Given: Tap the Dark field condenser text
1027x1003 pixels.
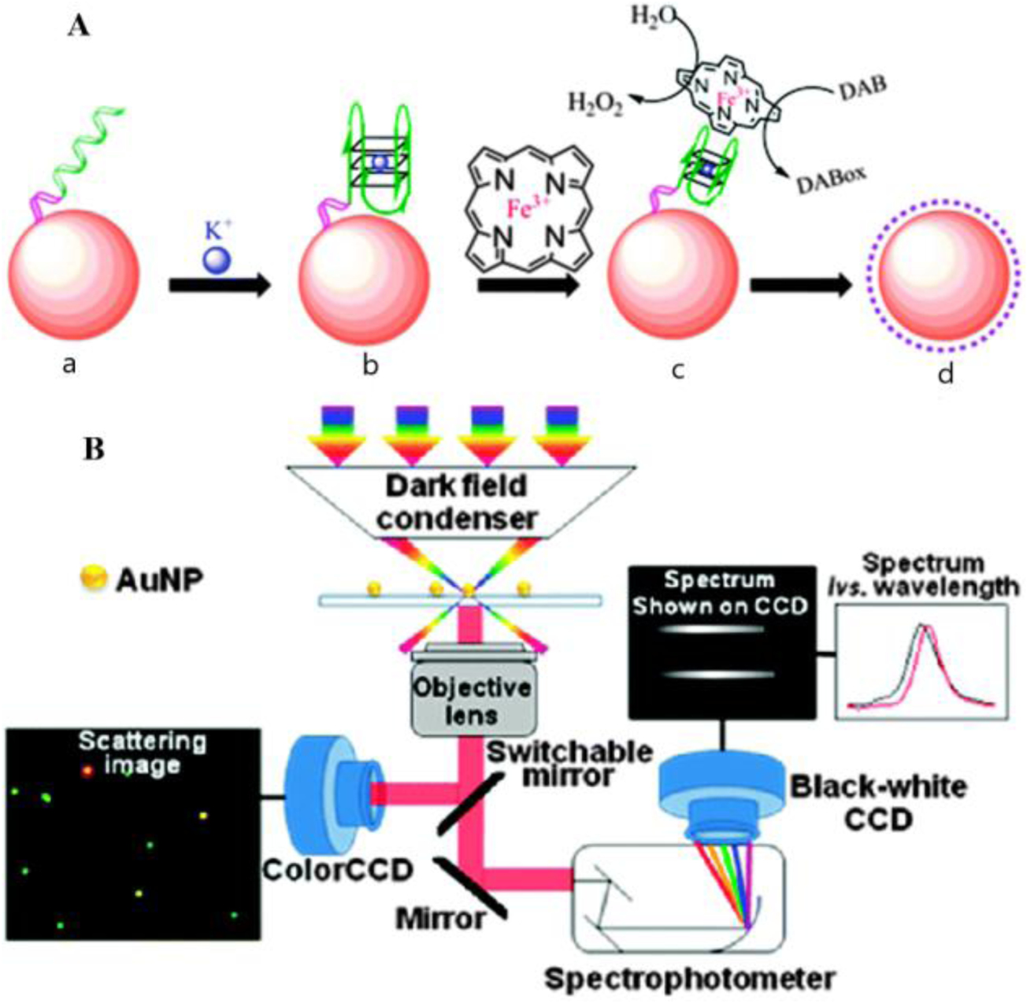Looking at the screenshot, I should [456, 502].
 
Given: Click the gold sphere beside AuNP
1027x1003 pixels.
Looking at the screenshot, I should [91, 579].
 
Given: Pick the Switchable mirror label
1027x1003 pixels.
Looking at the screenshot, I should [569, 763].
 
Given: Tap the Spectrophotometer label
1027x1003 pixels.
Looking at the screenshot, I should [688, 979].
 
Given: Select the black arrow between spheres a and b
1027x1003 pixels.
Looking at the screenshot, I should [220, 284].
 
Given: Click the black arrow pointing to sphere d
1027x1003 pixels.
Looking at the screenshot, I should [800, 284].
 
